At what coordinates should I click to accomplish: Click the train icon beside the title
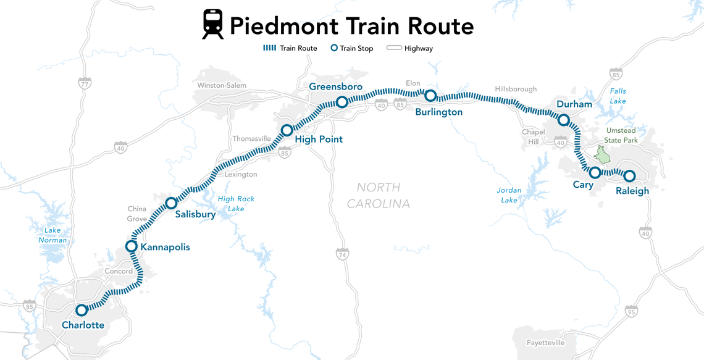point(213,25)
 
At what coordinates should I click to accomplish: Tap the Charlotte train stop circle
point(82,310)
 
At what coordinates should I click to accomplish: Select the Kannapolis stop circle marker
point(131,246)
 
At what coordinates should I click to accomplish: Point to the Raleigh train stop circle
point(629,176)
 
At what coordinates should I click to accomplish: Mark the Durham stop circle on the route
point(563,120)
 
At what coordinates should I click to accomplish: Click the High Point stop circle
point(287,130)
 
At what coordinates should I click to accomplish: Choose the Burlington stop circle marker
point(430,95)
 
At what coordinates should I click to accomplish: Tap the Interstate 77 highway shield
point(85,83)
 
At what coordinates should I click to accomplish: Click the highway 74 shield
point(342,254)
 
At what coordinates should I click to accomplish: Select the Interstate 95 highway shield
point(631,311)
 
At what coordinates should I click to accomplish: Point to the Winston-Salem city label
point(222,85)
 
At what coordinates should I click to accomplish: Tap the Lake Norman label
point(52,235)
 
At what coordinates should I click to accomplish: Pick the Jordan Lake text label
point(509,195)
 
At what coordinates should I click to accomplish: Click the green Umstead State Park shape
point(599,154)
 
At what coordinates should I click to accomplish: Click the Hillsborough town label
point(516,89)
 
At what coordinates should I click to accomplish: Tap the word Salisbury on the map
point(195,215)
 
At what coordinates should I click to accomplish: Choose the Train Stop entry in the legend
point(352,48)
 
